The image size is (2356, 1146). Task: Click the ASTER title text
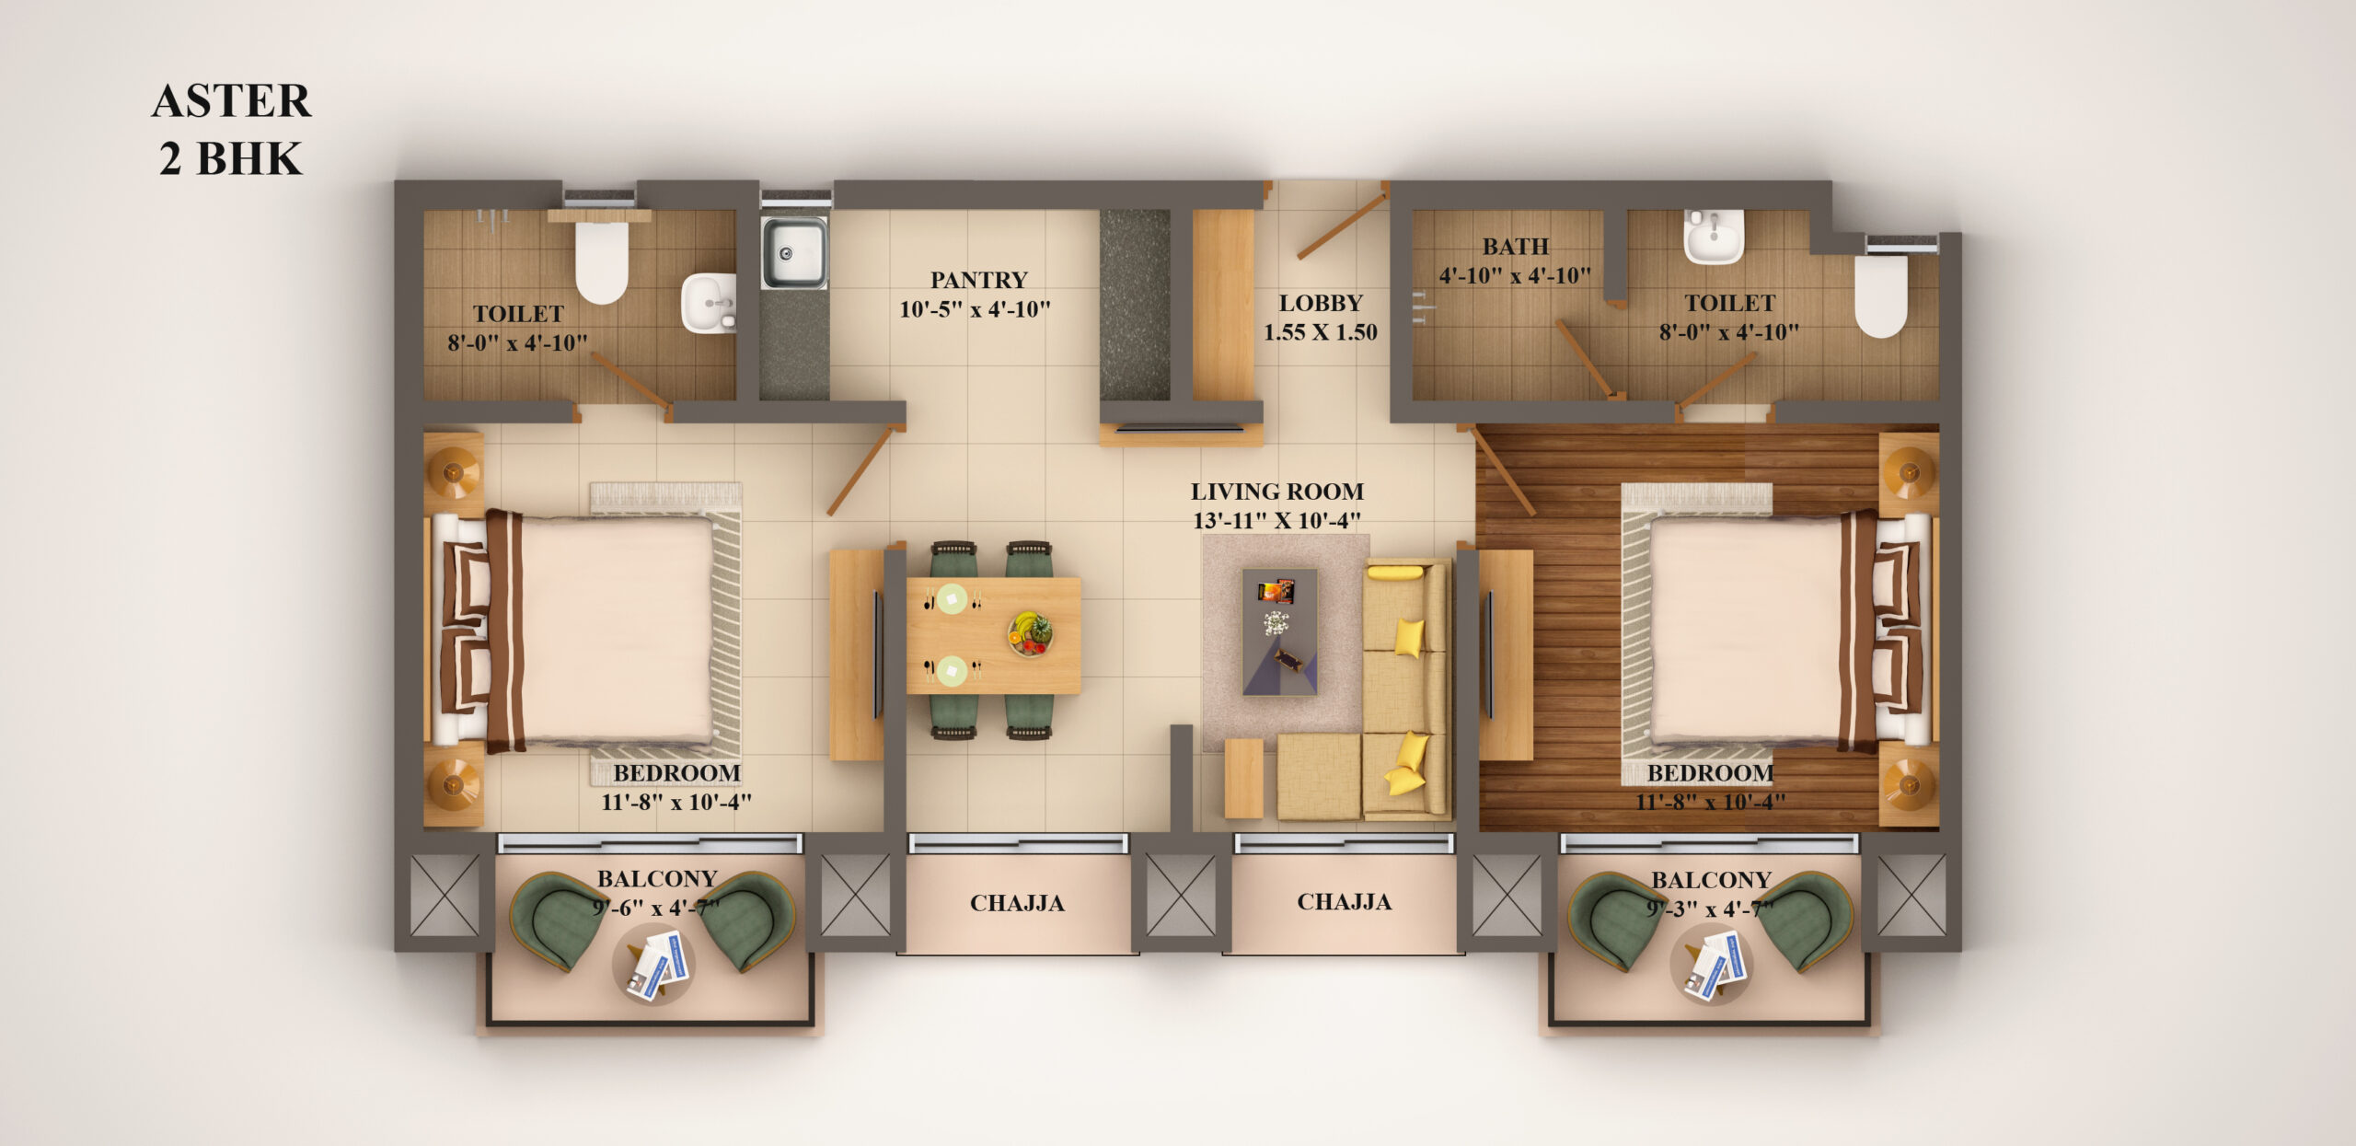(x=232, y=100)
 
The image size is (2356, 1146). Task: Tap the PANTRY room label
(x=978, y=280)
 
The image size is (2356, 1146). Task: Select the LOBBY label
(x=1320, y=303)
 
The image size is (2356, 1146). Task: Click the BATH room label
(x=1515, y=247)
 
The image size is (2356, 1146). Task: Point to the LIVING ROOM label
(x=1277, y=492)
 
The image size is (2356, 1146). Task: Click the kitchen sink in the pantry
(x=793, y=252)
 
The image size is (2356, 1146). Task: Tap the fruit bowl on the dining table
(x=1030, y=634)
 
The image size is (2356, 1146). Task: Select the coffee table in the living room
(x=1279, y=631)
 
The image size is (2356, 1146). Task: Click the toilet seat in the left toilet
(x=602, y=261)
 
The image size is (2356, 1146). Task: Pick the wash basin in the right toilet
(x=1714, y=236)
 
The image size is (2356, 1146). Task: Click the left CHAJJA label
(x=1017, y=903)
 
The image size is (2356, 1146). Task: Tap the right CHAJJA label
(x=1344, y=902)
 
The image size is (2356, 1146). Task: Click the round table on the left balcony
(x=653, y=963)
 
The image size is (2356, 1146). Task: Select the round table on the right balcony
(x=1711, y=963)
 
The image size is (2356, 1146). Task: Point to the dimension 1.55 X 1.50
(x=1320, y=332)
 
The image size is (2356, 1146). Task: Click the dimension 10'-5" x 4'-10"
(x=975, y=309)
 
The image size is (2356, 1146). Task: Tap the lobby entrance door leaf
(x=1343, y=222)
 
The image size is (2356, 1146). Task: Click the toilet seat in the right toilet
(x=1880, y=295)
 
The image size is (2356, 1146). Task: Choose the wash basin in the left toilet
(x=709, y=303)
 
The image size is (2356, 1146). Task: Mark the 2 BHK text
(x=230, y=158)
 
